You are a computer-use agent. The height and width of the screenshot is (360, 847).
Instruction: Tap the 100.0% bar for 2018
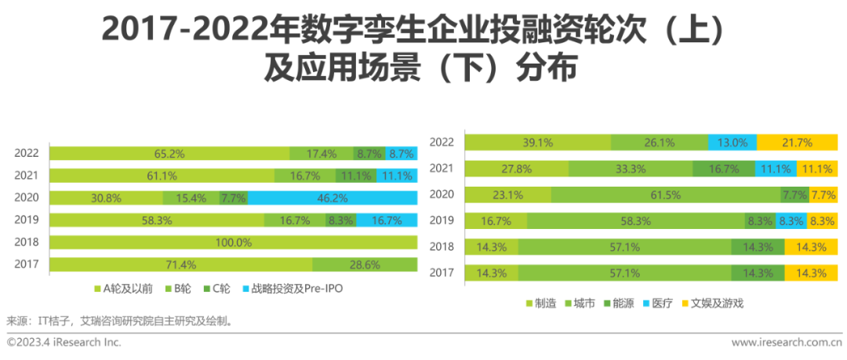click(x=233, y=242)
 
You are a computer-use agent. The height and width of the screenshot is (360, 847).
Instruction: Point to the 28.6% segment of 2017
click(x=365, y=264)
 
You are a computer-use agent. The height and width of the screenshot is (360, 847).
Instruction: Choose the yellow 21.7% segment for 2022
click(x=797, y=142)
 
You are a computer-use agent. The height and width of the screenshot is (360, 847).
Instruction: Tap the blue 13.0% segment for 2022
click(x=732, y=142)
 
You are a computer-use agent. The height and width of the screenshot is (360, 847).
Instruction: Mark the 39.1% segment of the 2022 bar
click(x=538, y=142)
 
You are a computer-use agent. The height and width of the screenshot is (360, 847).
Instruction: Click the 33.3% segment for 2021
click(x=631, y=169)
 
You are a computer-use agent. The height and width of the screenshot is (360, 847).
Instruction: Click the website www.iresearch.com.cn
click(x=786, y=343)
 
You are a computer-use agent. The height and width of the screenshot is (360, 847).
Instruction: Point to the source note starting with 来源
click(x=118, y=321)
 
